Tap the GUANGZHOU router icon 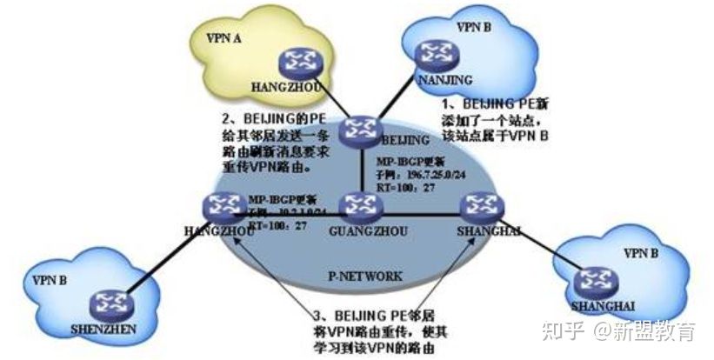coord(357,205)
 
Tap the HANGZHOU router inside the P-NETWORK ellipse coord(219,204)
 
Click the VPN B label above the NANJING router coord(474,27)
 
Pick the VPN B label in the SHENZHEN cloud coord(48,281)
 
